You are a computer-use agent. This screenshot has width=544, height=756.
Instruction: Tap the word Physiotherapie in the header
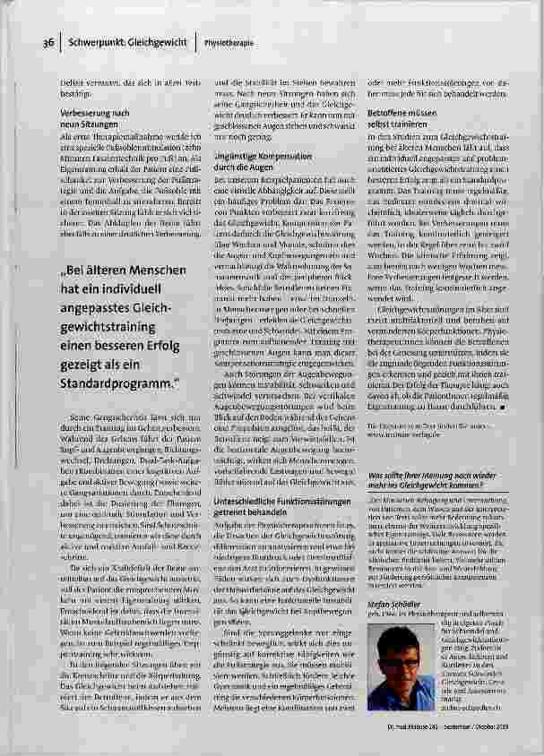coord(227,42)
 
